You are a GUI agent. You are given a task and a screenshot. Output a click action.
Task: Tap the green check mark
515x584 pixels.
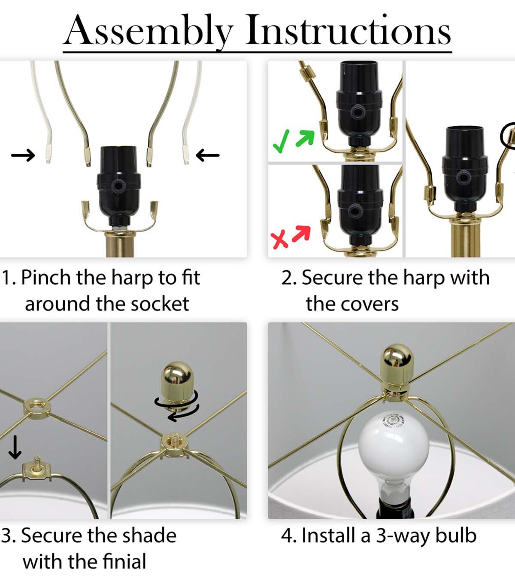click(281, 141)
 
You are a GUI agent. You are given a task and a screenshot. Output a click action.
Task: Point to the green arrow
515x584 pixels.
click(305, 138)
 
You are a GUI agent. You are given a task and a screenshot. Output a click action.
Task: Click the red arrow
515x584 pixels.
click(302, 234)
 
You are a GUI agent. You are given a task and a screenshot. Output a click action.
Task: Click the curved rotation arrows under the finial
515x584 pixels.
click(177, 407)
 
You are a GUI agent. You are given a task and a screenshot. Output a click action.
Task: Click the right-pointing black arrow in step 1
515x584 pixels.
click(23, 155)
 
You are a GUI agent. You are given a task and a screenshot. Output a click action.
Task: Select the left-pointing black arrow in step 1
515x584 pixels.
click(207, 155)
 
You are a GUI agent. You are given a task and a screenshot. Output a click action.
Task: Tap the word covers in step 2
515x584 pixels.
click(370, 304)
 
